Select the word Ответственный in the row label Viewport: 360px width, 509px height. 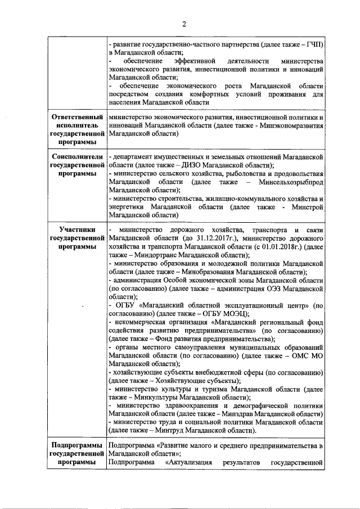78,117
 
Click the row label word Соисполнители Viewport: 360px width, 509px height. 78,156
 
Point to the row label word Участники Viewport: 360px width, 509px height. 78,230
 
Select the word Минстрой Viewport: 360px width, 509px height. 310,207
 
